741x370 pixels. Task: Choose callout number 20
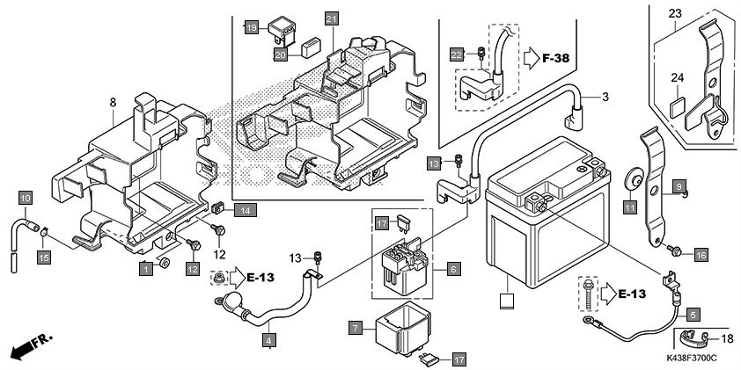click(280, 54)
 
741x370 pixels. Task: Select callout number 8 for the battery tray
click(113, 103)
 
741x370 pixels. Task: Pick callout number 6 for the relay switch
click(453, 267)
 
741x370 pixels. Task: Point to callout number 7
click(356, 328)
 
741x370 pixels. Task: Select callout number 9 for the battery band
click(679, 186)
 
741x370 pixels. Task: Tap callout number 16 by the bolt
click(701, 254)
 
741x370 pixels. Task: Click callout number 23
click(675, 13)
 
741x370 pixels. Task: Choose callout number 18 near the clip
click(727, 338)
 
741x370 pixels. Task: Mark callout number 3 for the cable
click(605, 95)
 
